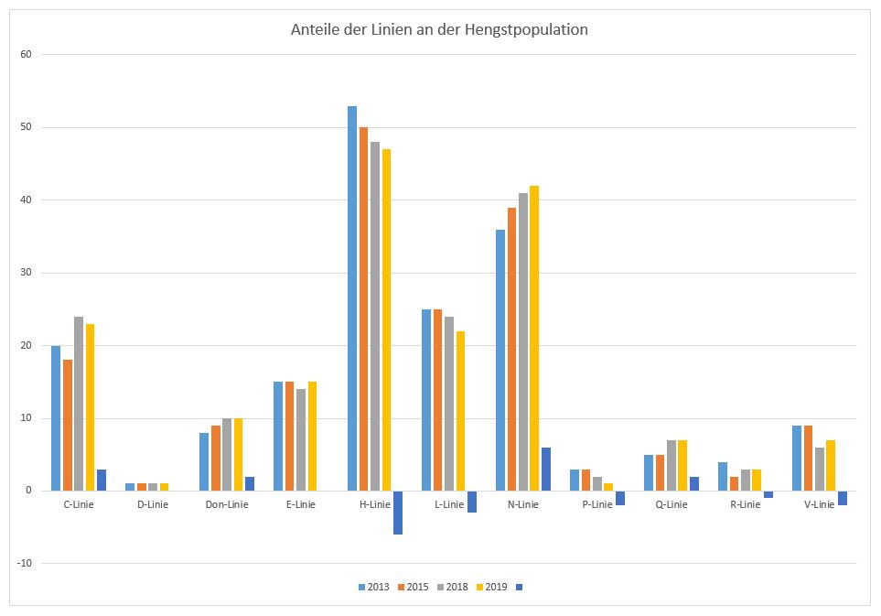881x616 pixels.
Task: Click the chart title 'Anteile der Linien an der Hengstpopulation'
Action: (439, 30)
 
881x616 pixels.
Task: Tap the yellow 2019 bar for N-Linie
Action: (534, 339)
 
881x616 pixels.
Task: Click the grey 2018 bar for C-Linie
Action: (79, 404)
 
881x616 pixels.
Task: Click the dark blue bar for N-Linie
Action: (546, 469)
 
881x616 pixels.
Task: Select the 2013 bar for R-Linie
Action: (723, 476)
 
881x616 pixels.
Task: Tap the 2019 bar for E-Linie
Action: (312, 436)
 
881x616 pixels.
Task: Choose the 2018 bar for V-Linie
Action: (820, 469)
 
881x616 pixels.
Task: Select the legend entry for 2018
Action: (456, 587)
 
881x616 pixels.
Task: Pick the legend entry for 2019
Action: (495, 587)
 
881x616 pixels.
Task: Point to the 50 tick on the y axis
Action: (26, 127)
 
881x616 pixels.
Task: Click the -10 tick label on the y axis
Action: (24, 563)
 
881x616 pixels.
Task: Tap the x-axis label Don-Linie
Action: (226, 504)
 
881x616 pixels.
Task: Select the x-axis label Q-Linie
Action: (671, 504)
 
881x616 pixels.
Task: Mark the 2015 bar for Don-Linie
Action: (216, 458)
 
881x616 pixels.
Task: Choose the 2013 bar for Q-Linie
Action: (649, 472)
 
